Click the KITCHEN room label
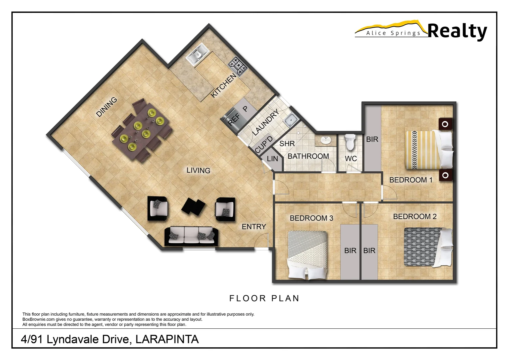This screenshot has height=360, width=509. tap(224, 85)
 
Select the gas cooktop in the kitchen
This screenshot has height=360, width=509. tap(238, 66)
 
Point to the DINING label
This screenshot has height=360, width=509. tap(107, 107)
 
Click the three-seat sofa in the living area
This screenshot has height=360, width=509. tap(192, 236)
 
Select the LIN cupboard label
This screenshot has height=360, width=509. tap(272, 159)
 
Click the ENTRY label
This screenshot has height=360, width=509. tap(254, 227)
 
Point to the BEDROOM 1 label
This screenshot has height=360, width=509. tap(411, 180)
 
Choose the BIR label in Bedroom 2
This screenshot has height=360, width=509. tap(369, 251)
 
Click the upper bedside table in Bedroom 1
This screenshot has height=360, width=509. tap(445, 124)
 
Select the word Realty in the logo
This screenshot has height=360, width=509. tap(457, 31)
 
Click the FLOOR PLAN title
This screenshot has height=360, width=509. tap(264, 298)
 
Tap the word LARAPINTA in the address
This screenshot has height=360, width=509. tap(167, 339)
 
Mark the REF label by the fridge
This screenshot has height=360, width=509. tap(234, 119)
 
